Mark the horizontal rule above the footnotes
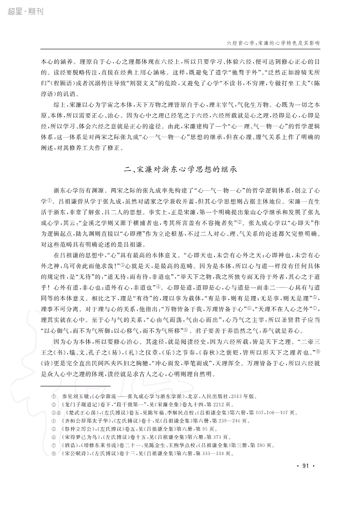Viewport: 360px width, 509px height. click(76, 386)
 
